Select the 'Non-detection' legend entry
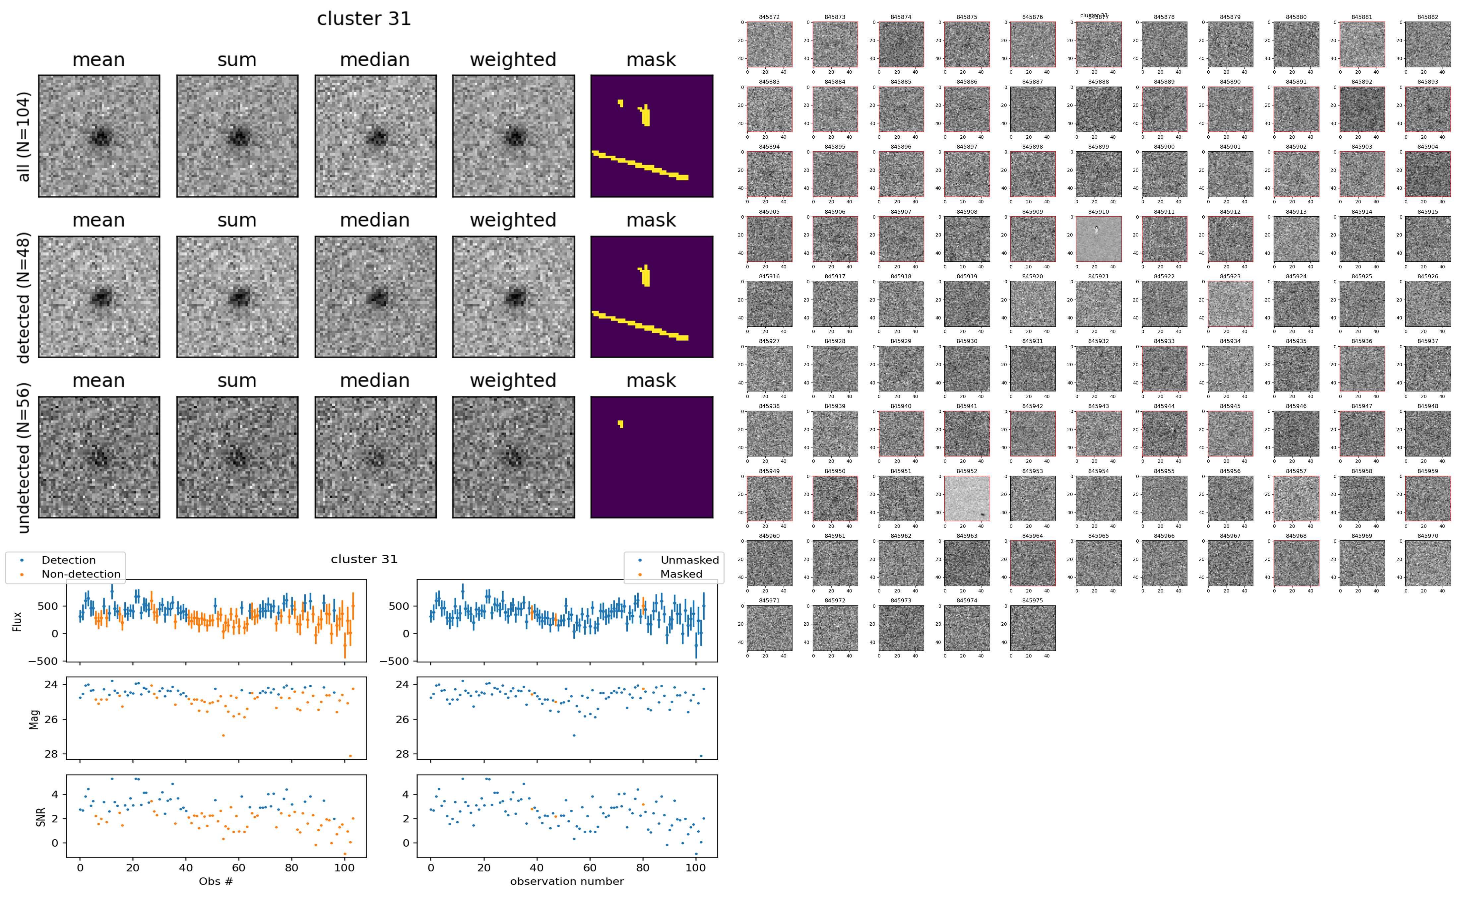pos(81,574)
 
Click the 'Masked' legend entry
pos(680,574)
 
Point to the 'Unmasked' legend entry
pos(689,560)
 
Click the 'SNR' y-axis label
pos(41,817)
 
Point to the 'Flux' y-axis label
pos(17,621)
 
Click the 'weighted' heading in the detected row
pos(513,220)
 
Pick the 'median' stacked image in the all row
pos(375,136)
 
